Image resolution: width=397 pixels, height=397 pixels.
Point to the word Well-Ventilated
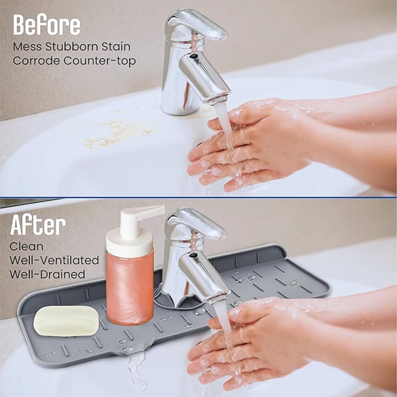coord(54,260)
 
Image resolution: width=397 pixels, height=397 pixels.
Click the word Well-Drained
coord(47,274)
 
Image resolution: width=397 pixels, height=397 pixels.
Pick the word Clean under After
coord(26,246)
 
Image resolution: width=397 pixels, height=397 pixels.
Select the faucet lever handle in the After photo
coord(196,224)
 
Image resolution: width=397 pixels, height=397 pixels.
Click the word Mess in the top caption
coord(28,47)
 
